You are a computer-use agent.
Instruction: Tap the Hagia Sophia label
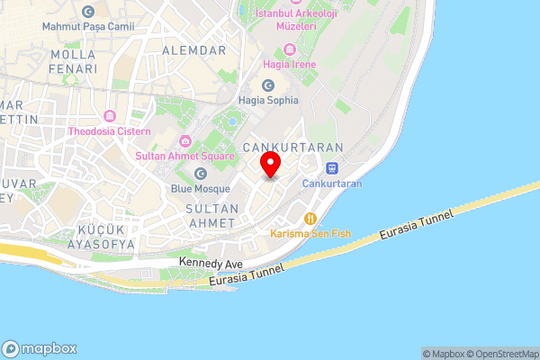tap(268, 100)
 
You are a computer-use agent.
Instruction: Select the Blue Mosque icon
tap(200, 172)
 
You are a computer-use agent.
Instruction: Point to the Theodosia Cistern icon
tap(110, 116)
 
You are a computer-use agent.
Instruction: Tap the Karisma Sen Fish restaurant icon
tap(310, 218)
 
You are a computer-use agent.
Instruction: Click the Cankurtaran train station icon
tap(332, 167)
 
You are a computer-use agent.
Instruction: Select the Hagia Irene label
tap(288, 65)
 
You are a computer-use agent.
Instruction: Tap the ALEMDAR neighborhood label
tap(193, 50)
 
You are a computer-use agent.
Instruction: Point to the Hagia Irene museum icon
tap(289, 49)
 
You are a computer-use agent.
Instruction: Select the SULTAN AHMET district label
tap(211, 216)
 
